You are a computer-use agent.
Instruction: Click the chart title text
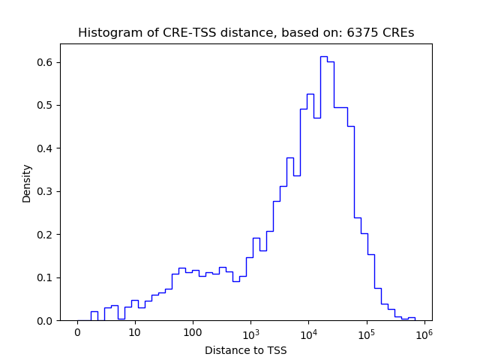coord(246,33)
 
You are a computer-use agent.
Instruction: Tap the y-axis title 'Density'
coord(27,183)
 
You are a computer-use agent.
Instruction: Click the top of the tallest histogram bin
coord(323,56)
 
